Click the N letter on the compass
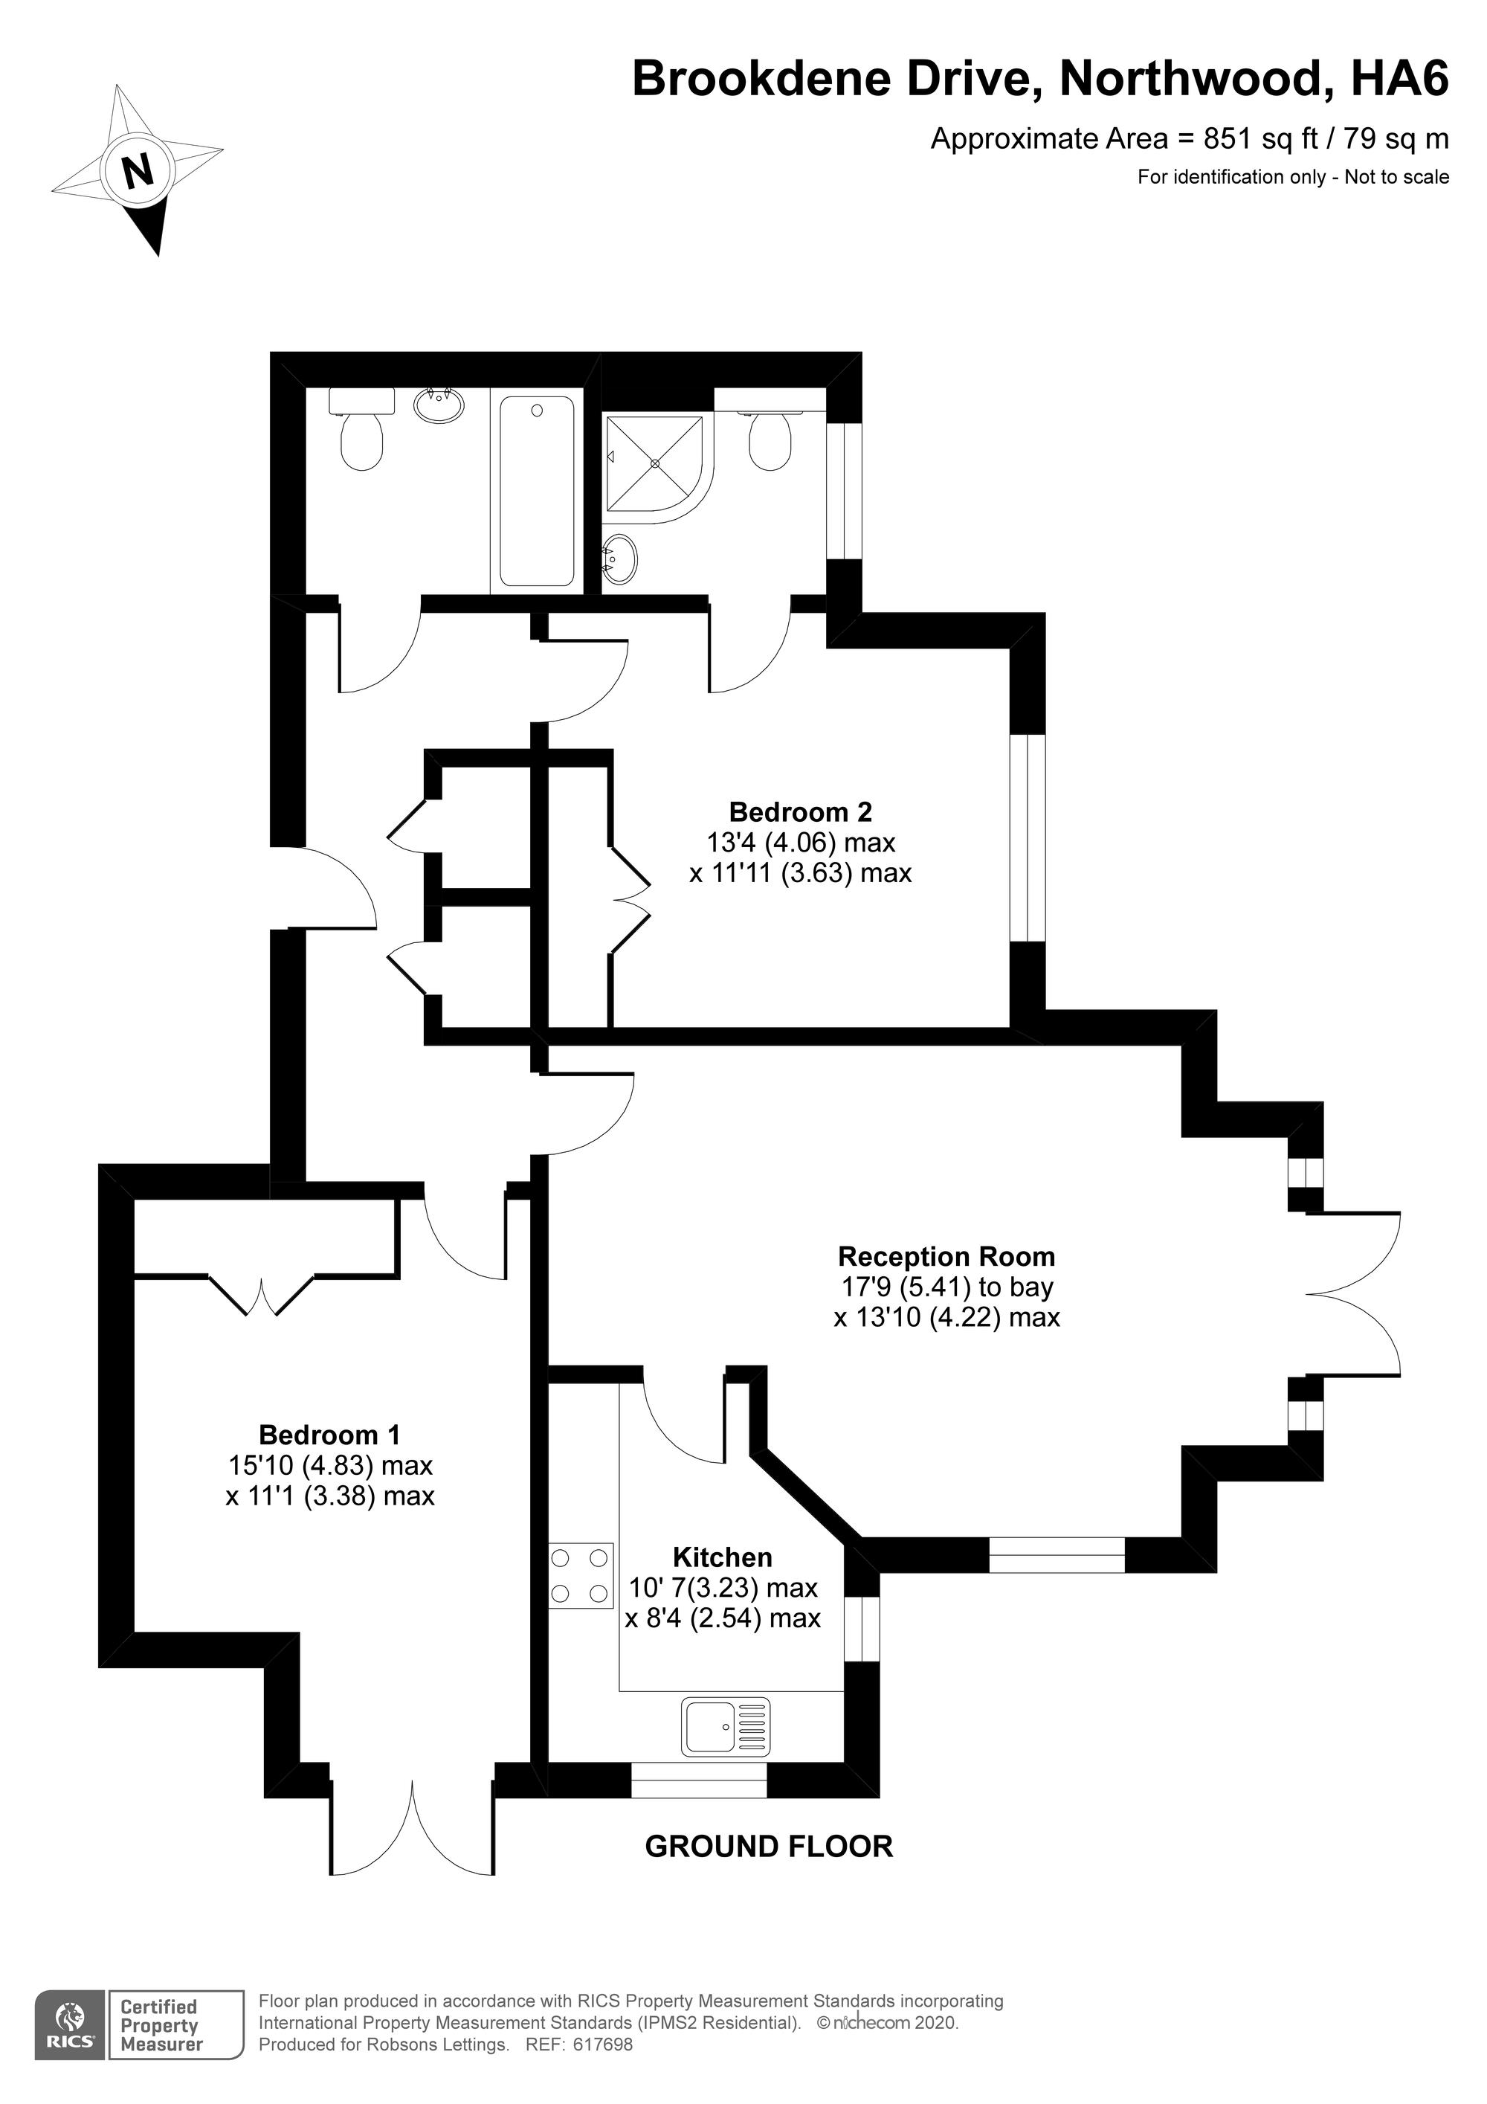click(138, 170)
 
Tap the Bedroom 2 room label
click(800, 812)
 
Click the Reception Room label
click(946, 1256)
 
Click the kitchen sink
click(726, 1726)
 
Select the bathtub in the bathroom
click(538, 490)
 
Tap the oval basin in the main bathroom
click(439, 403)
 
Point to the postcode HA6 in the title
click(1400, 80)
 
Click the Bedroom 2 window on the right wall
click(1027, 837)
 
